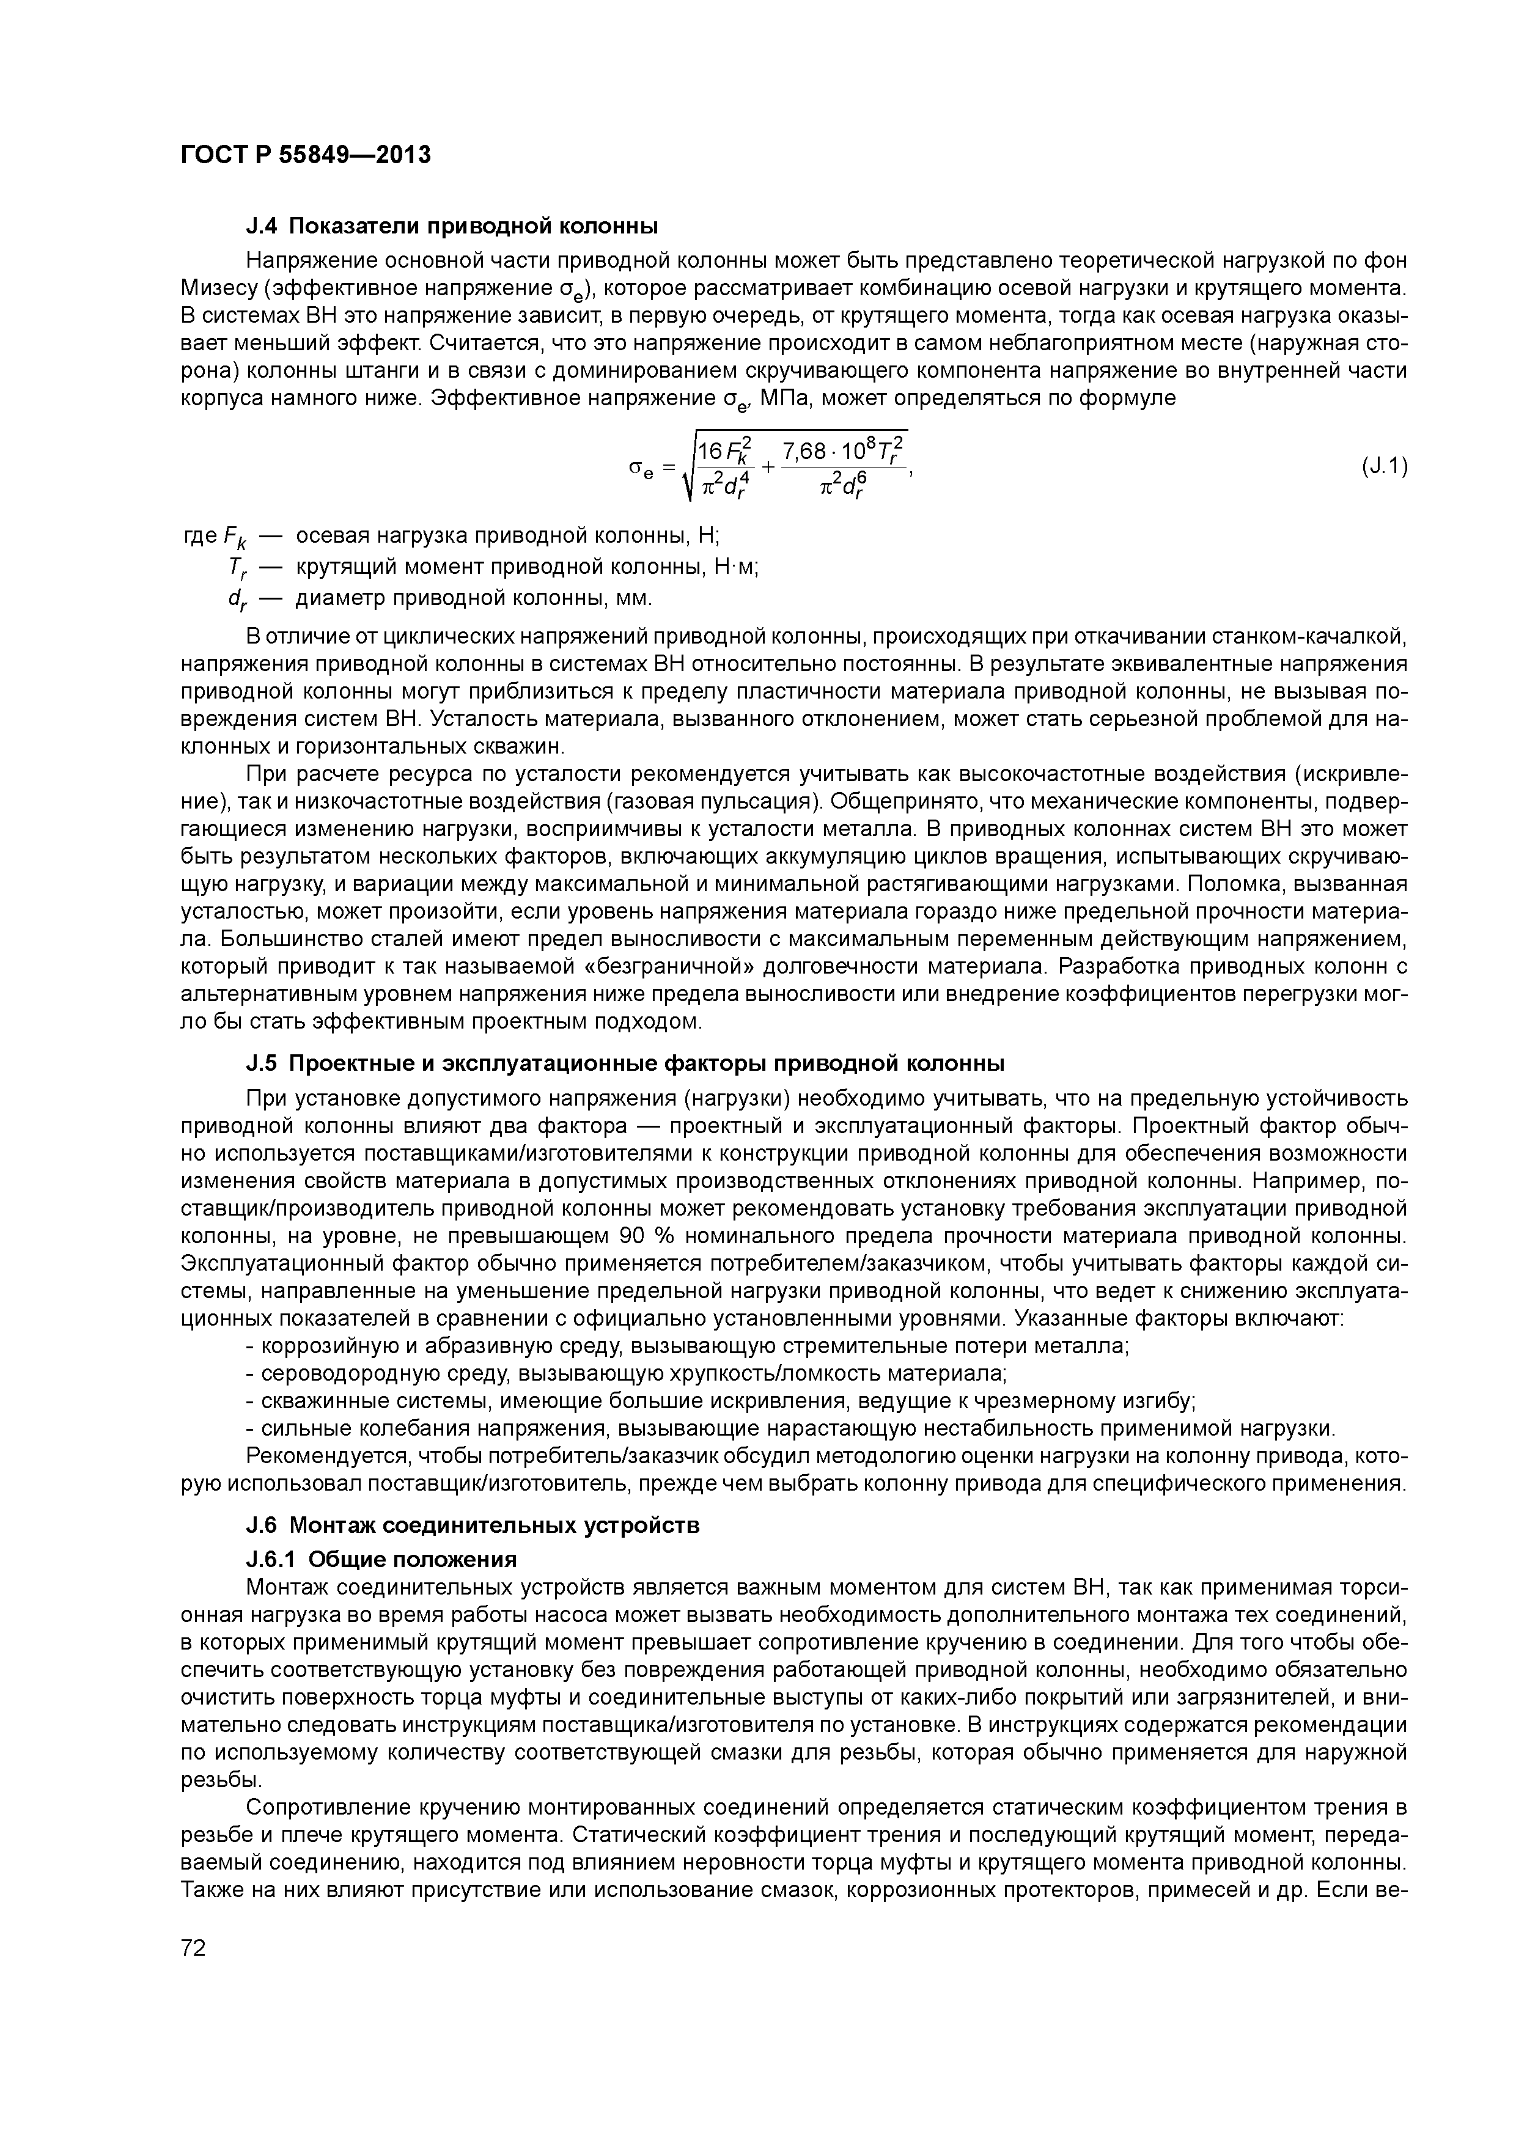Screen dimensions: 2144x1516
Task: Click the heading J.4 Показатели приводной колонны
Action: click(451, 226)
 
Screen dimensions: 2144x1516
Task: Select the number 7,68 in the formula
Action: click(804, 451)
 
